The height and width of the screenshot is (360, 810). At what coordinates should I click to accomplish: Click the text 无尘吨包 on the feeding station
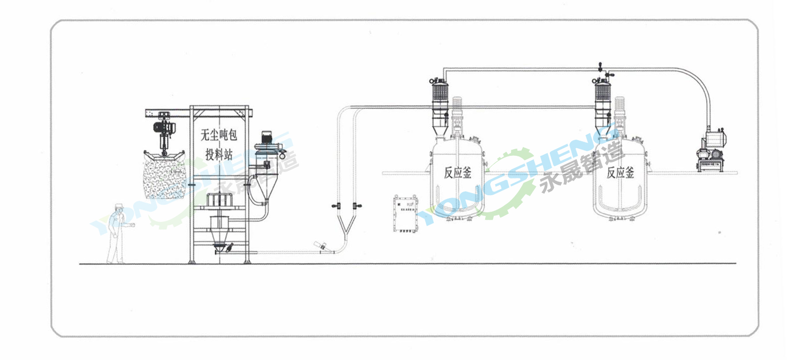219,135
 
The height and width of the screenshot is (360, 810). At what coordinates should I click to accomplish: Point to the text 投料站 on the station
219,154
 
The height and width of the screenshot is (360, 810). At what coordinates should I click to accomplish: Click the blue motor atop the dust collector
266,137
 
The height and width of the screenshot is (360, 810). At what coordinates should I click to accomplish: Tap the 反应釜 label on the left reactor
457,173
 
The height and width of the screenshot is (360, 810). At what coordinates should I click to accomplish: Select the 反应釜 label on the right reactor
620,173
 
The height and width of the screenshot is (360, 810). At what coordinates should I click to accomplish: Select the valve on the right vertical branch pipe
358,205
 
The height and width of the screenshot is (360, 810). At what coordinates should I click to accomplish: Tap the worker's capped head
119,207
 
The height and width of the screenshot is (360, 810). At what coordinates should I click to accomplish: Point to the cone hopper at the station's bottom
219,237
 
